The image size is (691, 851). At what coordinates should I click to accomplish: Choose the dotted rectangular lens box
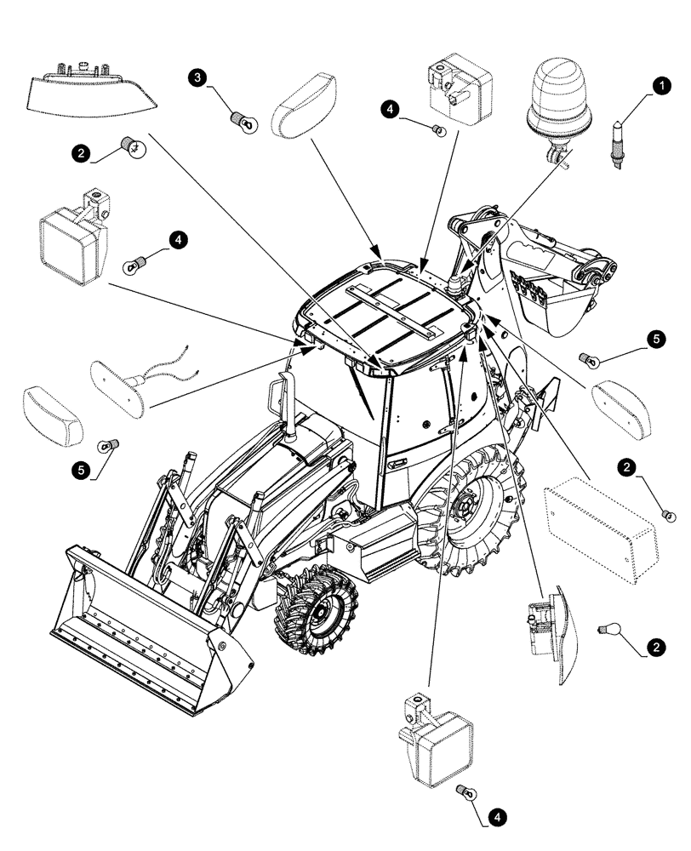coord(600,531)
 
